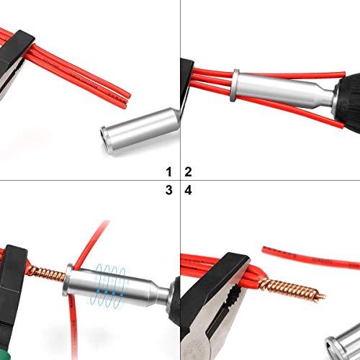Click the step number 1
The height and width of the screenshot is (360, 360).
click(169, 172)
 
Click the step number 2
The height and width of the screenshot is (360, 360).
click(189, 172)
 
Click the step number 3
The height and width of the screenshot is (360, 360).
click(169, 190)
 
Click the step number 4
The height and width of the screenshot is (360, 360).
click(189, 190)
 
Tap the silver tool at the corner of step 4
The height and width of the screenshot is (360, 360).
click(344, 338)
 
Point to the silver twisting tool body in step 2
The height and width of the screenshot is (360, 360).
click(274, 91)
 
